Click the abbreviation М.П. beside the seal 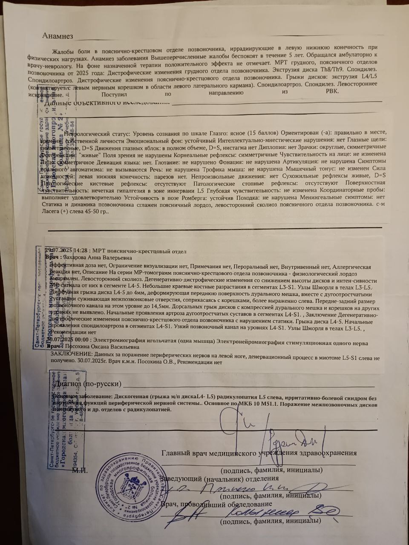coord(80,470)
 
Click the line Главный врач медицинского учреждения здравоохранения coord(259,453)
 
